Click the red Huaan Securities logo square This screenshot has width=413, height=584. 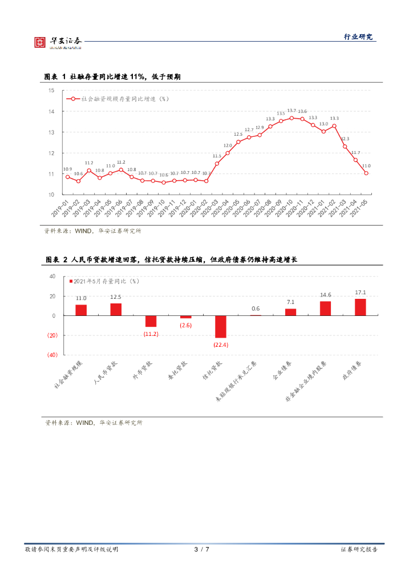(39, 42)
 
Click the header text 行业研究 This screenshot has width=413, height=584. (358, 37)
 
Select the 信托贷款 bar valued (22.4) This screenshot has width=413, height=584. (221, 326)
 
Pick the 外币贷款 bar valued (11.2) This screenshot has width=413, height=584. (151, 321)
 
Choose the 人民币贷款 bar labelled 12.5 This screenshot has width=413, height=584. (116, 309)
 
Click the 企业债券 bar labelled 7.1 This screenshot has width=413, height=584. (290, 312)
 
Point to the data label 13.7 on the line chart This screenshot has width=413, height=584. (291, 110)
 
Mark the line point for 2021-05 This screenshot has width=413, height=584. (366, 173)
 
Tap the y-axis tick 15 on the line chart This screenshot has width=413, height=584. (51, 91)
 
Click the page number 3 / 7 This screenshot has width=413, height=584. (202, 549)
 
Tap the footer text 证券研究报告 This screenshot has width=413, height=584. (359, 549)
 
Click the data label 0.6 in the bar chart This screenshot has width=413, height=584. (256, 309)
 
